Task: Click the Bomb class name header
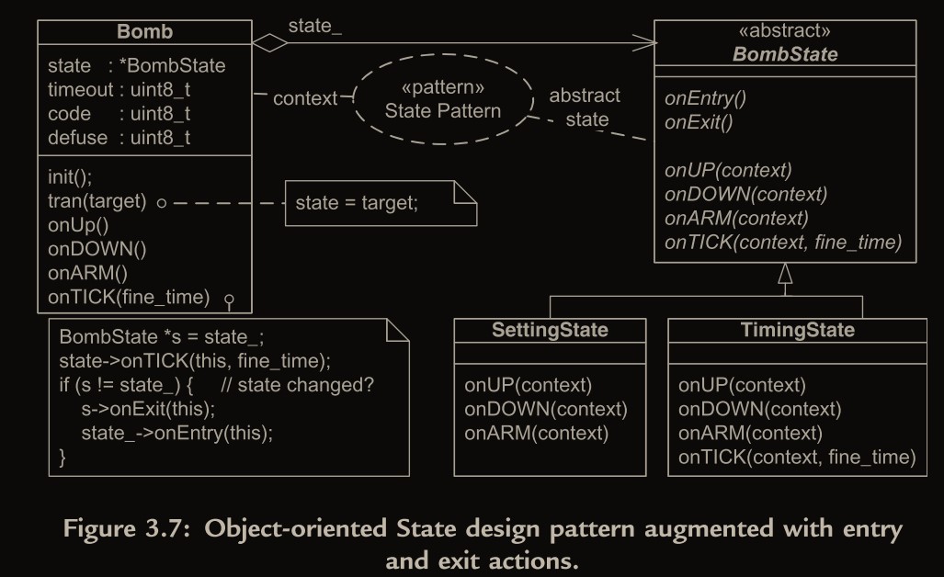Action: pos(144,32)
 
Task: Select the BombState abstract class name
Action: pos(784,53)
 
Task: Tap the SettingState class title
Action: pos(550,330)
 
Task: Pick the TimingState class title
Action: pos(797,330)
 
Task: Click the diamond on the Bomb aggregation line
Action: pos(270,42)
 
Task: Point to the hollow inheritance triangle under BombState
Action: pos(784,273)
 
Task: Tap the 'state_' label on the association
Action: pos(314,26)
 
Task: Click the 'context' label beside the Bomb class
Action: pos(304,98)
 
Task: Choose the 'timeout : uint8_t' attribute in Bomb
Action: pos(119,90)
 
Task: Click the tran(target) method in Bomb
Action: pos(97,201)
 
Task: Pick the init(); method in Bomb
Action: pos(70,176)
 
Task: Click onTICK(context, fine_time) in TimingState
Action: pos(797,457)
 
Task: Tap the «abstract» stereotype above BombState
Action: pos(784,31)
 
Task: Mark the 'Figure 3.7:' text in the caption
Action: pos(135,529)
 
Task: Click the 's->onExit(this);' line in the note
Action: pos(148,408)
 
